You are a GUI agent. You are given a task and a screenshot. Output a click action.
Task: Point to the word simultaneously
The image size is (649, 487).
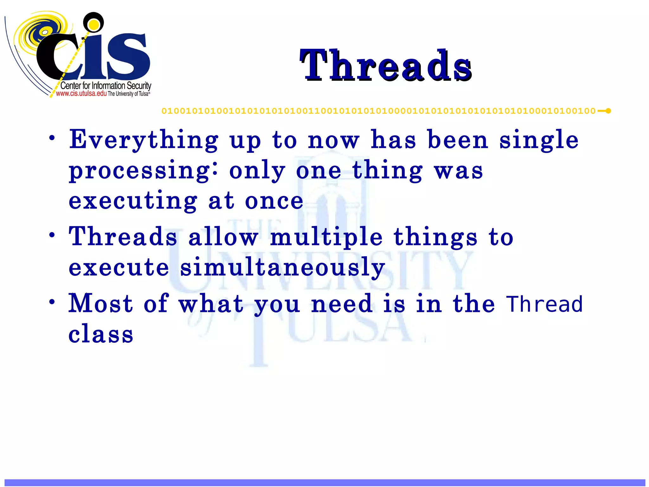coord(282,267)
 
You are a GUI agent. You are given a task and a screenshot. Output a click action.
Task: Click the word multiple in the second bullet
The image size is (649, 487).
coord(326,237)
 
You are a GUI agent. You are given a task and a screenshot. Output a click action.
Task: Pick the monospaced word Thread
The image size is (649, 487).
coord(544,304)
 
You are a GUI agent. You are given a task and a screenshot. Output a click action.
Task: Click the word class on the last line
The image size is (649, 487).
coord(101,334)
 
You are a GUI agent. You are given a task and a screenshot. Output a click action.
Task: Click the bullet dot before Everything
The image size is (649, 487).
coord(52,138)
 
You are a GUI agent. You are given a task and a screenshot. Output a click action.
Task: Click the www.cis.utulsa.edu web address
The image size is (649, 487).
coord(81,94)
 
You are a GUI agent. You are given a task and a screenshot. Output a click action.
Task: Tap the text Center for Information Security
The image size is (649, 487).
coord(106,86)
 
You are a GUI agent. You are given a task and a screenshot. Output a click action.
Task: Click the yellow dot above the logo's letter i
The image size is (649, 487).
coord(93,24)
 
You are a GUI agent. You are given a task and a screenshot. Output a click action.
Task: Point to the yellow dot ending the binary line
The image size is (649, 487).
coord(608,111)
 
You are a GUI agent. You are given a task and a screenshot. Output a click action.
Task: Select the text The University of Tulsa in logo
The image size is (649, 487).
coord(128,94)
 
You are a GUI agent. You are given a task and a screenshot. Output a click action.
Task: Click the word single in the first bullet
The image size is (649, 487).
coord(539,140)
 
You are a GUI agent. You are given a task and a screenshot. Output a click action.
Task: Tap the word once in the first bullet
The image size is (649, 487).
coord(274,201)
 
